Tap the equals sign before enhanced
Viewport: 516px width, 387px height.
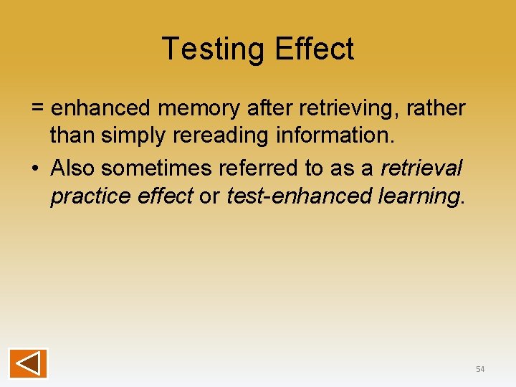[38, 109]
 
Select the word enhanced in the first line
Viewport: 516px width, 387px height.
[100, 109]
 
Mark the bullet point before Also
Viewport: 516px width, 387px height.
[35, 168]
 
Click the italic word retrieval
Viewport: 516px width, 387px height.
[421, 168]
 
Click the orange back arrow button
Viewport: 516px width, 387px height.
[28, 363]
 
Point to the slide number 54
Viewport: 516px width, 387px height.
[480, 369]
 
